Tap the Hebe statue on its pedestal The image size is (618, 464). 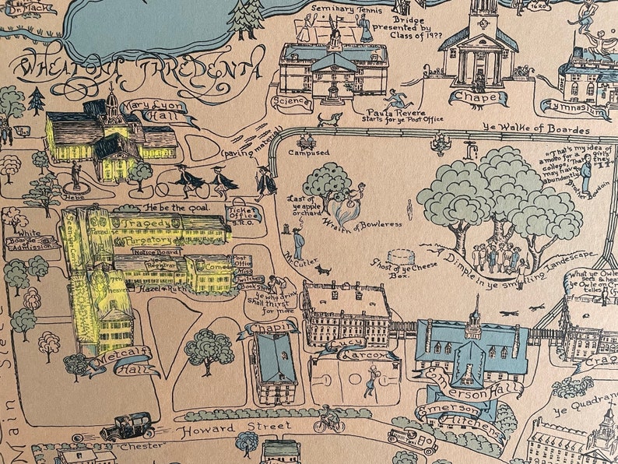click(x=75, y=176)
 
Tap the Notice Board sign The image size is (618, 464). click(x=153, y=251)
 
